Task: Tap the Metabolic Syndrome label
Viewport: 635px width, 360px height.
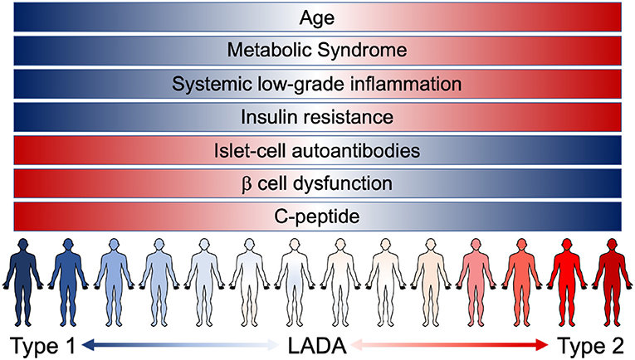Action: pyautogui.click(x=318, y=51)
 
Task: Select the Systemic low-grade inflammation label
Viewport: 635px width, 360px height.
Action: pyautogui.click(x=318, y=84)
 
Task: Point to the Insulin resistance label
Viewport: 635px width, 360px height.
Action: pyautogui.click(x=318, y=117)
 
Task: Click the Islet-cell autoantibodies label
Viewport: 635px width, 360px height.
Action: pyautogui.click(x=318, y=150)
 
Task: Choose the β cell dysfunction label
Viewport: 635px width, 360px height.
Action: pyautogui.click(x=318, y=182)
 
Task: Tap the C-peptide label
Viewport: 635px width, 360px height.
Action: pyautogui.click(x=318, y=216)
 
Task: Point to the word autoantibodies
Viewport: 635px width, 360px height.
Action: pyautogui.click(x=356, y=150)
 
